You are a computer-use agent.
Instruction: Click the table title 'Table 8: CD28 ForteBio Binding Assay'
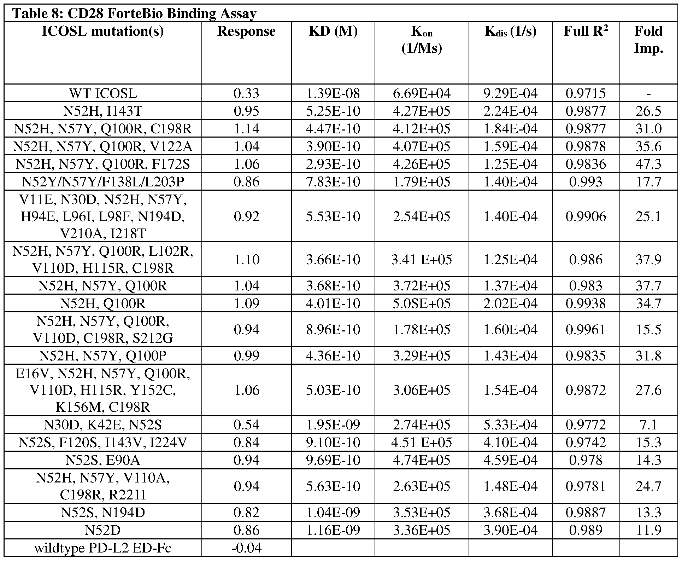(x=134, y=14)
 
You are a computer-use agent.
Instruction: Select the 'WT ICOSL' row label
(x=103, y=94)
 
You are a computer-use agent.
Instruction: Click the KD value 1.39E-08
(x=333, y=94)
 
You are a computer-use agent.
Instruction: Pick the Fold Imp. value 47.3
(x=648, y=164)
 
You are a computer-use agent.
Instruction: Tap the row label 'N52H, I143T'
(x=103, y=111)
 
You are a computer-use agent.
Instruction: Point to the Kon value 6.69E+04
(x=422, y=94)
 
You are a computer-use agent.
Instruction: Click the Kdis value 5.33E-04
(x=510, y=425)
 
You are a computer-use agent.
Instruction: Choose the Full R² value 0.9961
(x=586, y=330)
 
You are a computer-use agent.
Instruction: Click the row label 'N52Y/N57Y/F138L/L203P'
(x=103, y=182)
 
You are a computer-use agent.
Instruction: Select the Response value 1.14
(x=247, y=129)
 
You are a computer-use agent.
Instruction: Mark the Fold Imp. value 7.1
(x=648, y=425)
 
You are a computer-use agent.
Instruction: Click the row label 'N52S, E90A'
(x=103, y=460)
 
